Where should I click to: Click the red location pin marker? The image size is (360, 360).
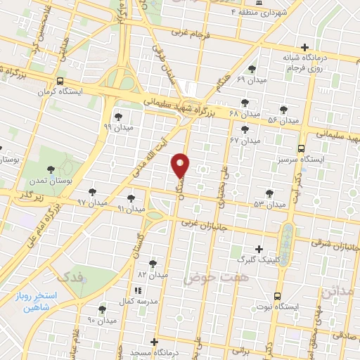pyautogui.click(x=181, y=164)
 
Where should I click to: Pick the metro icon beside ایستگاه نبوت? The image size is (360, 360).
pyautogui.click(x=278, y=296)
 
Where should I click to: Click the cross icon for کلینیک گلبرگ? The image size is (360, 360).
pyautogui.click(x=259, y=248)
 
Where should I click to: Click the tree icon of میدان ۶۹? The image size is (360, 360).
pyautogui.click(x=252, y=69)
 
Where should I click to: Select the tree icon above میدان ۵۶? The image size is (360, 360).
pyautogui.click(x=283, y=109)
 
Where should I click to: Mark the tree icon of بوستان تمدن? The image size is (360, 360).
pyautogui.click(x=50, y=169)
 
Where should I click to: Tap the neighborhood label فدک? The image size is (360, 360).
pyautogui.click(x=72, y=276)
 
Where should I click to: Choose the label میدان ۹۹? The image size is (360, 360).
pyautogui.click(x=117, y=127)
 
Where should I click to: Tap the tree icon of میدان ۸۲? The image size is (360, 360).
pyautogui.click(x=153, y=263)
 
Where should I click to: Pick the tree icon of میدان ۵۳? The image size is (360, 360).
pyautogui.click(x=270, y=193)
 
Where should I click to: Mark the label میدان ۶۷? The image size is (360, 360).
pyautogui.click(x=245, y=140)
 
